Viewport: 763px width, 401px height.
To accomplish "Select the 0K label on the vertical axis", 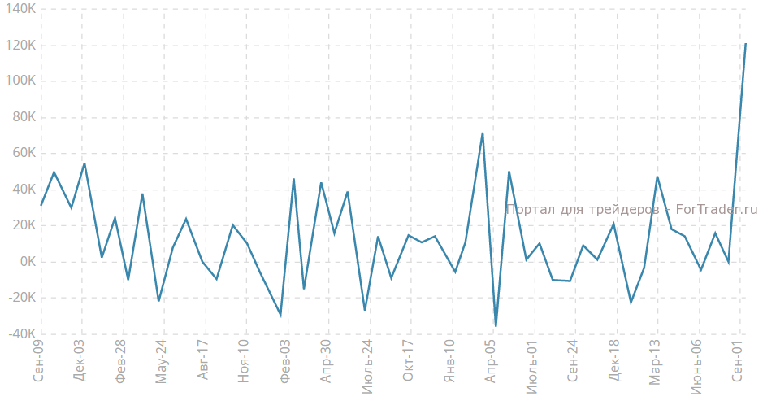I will pos(26,262).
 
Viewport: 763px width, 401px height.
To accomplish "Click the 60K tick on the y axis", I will pos(24,153).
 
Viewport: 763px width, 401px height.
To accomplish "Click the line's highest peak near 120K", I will pos(746,44).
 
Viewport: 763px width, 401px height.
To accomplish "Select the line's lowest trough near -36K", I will pos(496,326).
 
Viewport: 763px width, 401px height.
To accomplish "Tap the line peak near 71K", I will pos(483,133).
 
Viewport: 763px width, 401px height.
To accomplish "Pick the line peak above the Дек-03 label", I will pos(85,163).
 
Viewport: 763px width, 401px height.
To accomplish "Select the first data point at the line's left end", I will pos(41,205).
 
